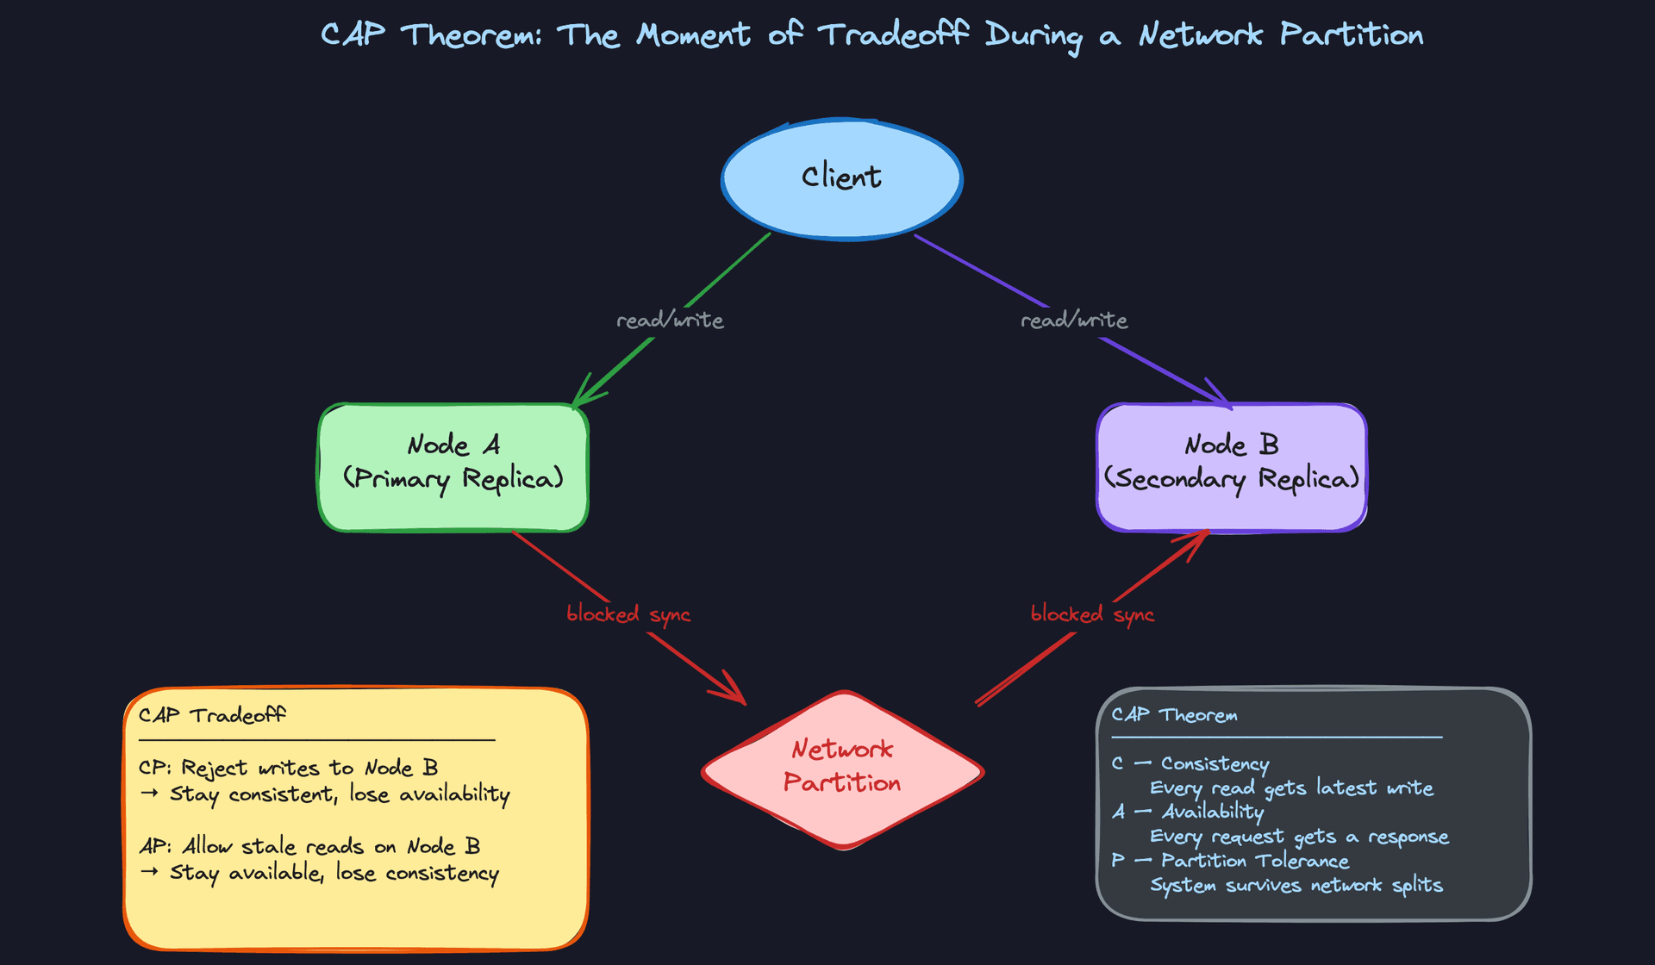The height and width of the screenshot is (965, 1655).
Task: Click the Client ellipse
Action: point(841,178)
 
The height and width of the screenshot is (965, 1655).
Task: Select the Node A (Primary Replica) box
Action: point(453,467)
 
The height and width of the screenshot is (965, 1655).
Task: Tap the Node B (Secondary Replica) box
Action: point(1231,467)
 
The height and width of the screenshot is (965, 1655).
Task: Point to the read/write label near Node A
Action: point(670,321)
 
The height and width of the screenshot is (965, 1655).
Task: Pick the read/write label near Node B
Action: point(1074,321)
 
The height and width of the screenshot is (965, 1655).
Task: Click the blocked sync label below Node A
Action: point(628,614)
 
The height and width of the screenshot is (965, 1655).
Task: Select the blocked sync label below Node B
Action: point(1092,614)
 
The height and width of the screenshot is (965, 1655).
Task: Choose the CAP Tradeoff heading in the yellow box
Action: point(212,715)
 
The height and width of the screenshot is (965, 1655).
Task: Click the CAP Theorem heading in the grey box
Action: point(1174,715)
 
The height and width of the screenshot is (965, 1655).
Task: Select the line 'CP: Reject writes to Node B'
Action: point(289,768)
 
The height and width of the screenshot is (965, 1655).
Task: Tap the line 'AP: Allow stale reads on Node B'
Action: point(309,846)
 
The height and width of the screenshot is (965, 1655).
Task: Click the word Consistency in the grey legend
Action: point(1215,764)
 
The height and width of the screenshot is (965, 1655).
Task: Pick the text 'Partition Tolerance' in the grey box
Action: point(1255,861)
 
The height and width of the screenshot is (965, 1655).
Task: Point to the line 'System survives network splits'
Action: point(1296,886)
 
